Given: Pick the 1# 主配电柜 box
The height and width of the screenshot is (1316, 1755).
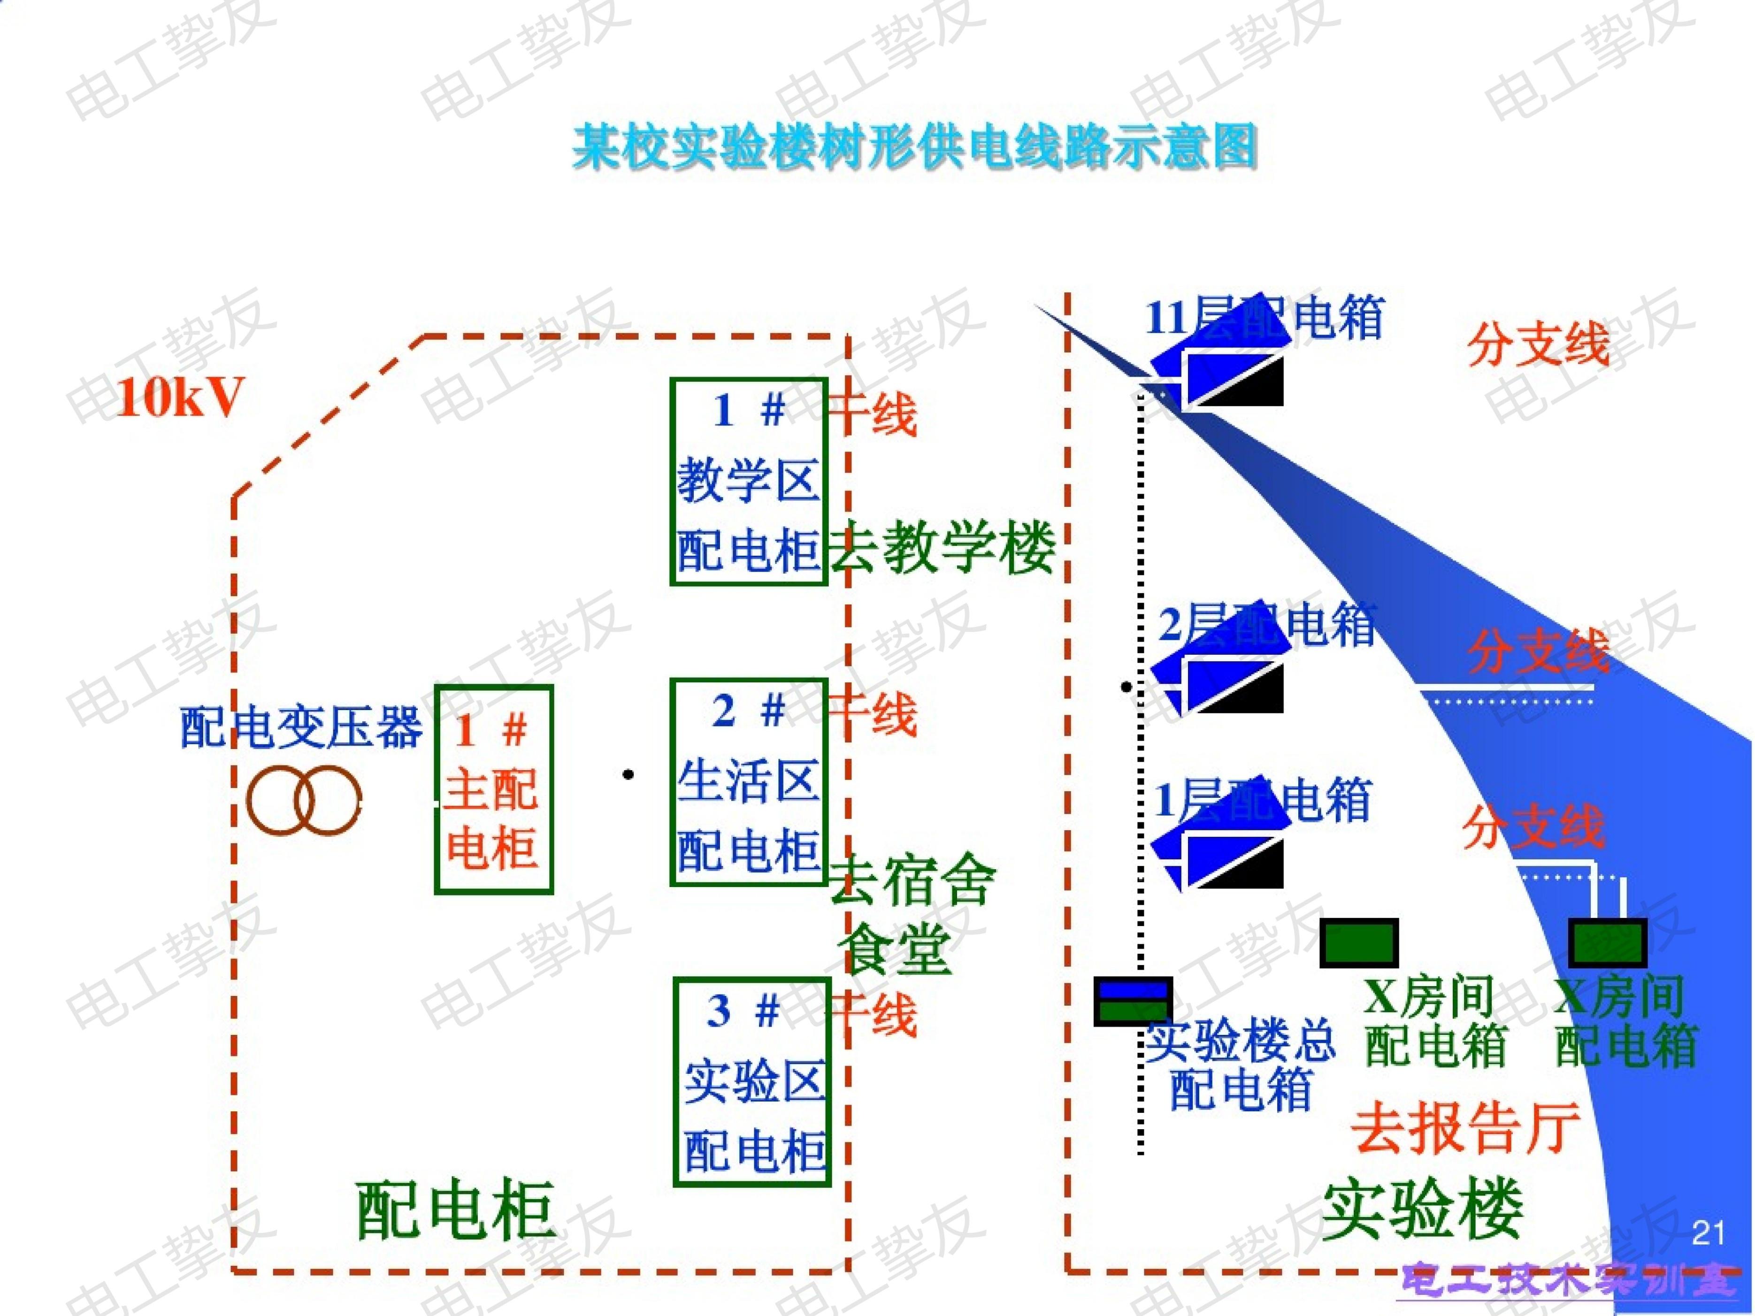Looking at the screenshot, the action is click(493, 789).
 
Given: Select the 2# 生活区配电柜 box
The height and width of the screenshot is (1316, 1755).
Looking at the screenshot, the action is click(748, 782).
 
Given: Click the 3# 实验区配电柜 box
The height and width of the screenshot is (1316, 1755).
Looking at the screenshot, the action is click(752, 1082).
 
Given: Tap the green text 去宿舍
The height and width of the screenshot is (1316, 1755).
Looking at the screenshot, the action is click(912, 880).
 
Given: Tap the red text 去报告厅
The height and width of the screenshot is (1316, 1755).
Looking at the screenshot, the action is click(1466, 1127).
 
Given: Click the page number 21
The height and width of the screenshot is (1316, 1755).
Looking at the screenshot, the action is click(1708, 1233).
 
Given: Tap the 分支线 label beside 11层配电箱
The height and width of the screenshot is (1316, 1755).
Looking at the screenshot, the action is click(1539, 344).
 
